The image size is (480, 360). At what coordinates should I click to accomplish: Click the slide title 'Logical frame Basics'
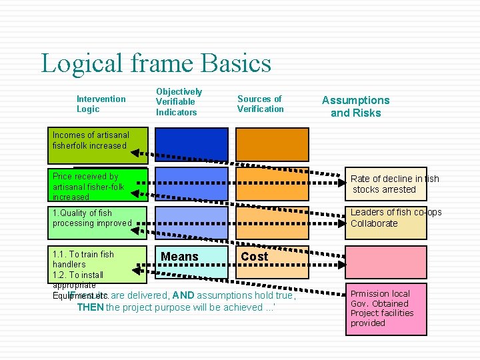[x=156, y=63]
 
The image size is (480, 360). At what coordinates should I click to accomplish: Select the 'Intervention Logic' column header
[x=101, y=104]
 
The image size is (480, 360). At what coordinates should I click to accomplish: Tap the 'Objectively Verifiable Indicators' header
[x=179, y=101]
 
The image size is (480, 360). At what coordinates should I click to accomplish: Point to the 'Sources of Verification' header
[x=260, y=103]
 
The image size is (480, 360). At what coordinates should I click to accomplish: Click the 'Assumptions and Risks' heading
[x=355, y=107]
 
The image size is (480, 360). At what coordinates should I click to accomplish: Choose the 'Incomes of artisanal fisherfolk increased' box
[x=97, y=145]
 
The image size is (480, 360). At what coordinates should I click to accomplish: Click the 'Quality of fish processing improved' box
[x=97, y=222]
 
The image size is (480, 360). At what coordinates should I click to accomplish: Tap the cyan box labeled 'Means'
[x=179, y=257]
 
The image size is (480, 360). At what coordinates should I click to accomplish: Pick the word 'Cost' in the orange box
[x=254, y=257]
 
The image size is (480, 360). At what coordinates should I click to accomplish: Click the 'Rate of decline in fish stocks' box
[x=386, y=184]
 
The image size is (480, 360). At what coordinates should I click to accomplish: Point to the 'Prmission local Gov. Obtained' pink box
[x=385, y=309]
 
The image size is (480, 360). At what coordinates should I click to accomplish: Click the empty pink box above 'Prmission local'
[x=385, y=262]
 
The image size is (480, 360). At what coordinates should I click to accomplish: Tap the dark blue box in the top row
[x=191, y=145]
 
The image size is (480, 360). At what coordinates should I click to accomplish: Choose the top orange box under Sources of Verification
[x=272, y=145]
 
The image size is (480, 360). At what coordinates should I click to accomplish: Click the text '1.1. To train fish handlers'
[x=83, y=259]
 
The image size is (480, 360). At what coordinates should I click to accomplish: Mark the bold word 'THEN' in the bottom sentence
[x=90, y=307]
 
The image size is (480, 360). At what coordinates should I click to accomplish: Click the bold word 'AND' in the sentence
[x=183, y=295]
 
